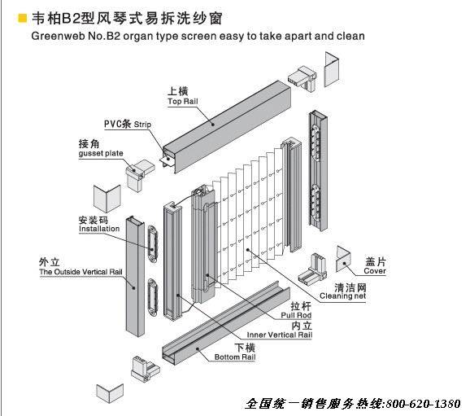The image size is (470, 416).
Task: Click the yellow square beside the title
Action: (23, 18)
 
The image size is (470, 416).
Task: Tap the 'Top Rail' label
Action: (183, 102)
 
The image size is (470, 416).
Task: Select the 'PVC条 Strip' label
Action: (128, 124)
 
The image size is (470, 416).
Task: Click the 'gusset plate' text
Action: (101, 153)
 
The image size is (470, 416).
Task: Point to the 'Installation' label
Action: (99, 229)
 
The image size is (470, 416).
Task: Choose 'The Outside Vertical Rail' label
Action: (81, 272)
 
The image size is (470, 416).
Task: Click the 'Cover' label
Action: (375, 271)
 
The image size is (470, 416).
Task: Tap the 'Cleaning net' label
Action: (342, 296)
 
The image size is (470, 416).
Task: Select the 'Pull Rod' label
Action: (296, 315)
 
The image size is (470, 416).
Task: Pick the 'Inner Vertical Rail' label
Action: (280, 335)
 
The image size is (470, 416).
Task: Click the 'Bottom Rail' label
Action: (235, 357)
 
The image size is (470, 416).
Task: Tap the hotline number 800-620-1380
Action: (423, 404)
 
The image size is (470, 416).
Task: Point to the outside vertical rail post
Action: (135, 276)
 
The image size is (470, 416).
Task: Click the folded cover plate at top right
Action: (332, 69)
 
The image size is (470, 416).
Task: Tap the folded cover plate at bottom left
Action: (110, 392)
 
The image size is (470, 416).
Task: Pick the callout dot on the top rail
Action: (213, 124)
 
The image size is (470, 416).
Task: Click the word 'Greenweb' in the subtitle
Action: (57, 37)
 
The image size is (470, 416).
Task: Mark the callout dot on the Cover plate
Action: (345, 264)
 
